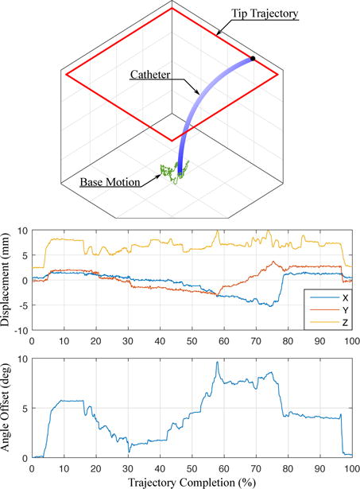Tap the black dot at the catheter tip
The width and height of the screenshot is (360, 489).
(253, 58)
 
